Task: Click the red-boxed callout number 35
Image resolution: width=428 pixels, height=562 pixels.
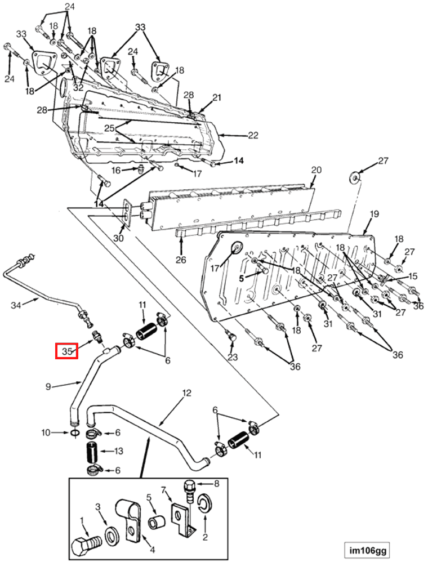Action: pyautogui.click(x=66, y=351)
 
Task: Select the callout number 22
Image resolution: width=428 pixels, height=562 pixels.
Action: pyautogui.click(x=253, y=135)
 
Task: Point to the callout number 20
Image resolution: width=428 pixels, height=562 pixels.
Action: pyautogui.click(x=316, y=170)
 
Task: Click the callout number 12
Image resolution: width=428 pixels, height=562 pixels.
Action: pyautogui.click(x=187, y=392)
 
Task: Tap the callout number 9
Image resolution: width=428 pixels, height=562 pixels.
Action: pyautogui.click(x=49, y=386)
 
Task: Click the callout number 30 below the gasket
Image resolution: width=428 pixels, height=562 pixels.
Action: pyautogui.click(x=118, y=238)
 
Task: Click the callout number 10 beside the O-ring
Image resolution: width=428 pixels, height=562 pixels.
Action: pyautogui.click(x=46, y=432)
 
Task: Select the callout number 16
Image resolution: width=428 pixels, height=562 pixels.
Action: pyautogui.click(x=115, y=170)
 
